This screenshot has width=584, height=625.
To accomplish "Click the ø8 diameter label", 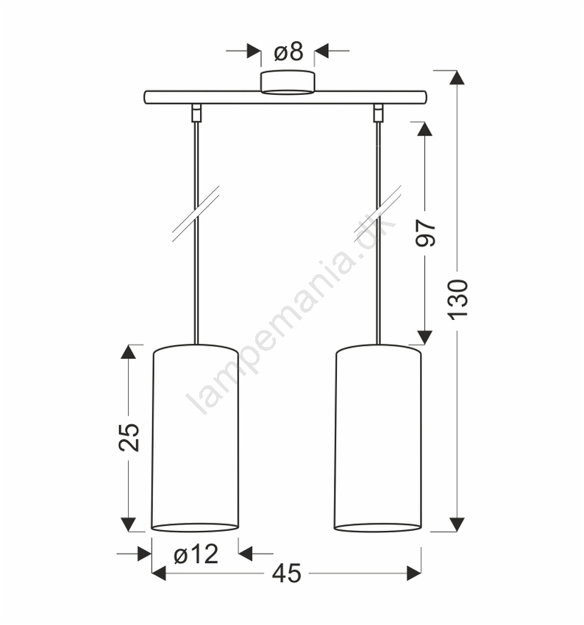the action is coord(288,51).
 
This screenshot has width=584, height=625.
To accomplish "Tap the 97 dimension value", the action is coord(426,233).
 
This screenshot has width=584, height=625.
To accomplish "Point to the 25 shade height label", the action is coord(129,437).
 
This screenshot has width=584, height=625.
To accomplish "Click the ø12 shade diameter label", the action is coord(196,554).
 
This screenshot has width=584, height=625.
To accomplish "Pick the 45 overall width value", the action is coord(287,574).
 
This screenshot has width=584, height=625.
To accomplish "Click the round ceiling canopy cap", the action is coord(288,83).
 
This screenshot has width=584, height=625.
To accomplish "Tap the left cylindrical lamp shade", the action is coord(196,438).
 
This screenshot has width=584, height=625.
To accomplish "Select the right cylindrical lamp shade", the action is coord(377,438).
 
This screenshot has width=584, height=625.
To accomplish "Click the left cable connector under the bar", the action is coord(196,113).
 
